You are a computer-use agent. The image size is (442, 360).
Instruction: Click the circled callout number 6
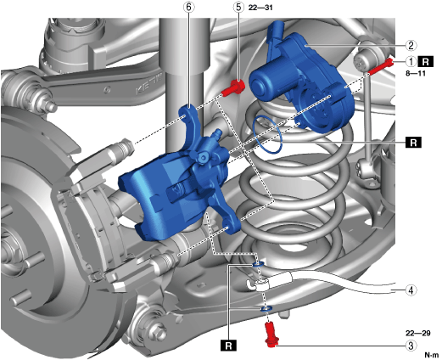pos(188,7)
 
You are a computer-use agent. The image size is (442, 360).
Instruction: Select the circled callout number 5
pos(238,7)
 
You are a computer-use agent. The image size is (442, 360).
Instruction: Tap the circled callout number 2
pos(411,45)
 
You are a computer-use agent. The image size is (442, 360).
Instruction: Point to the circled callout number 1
pos(411,61)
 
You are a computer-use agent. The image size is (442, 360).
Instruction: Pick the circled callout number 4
pos(411,290)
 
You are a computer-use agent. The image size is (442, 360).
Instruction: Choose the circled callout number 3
pos(411,346)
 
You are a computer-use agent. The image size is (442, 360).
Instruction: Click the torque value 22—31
pos(260,8)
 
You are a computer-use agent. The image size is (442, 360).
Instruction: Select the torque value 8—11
pos(416,73)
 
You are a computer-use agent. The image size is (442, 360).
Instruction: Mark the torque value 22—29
pos(418,333)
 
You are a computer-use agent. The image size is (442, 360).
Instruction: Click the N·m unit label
pos(432,355)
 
